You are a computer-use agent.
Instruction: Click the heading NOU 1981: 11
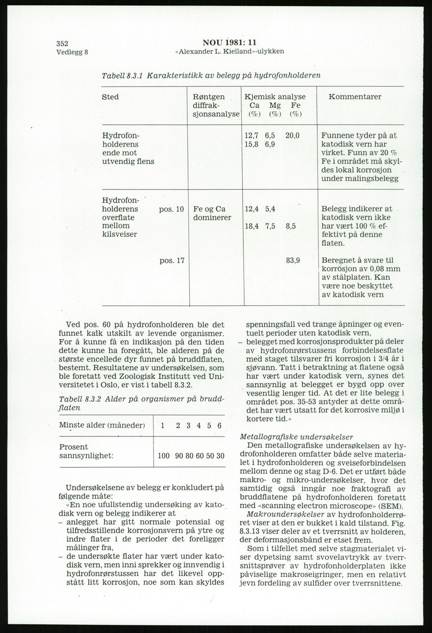pyautogui.click(x=229, y=42)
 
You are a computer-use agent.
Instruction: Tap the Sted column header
pyautogui.click(x=110, y=97)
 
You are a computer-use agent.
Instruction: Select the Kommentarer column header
pyautogui.click(x=355, y=97)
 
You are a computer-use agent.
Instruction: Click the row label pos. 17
pyautogui.click(x=171, y=260)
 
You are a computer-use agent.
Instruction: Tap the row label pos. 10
pyautogui.click(x=171, y=209)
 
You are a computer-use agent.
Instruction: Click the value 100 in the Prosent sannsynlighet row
pyautogui.click(x=164, y=456)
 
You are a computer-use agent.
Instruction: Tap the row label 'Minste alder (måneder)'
pyautogui.click(x=102, y=425)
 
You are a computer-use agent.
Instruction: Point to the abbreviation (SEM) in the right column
pyautogui.click(x=391, y=506)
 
